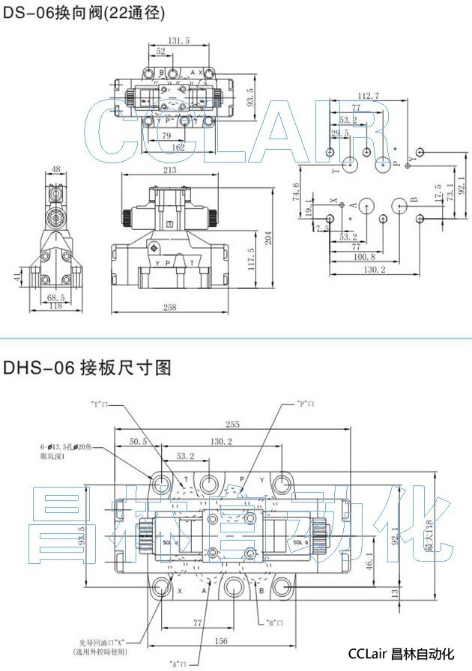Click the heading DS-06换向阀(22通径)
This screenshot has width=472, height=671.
[x=84, y=13]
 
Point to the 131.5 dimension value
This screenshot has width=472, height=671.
[x=178, y=41]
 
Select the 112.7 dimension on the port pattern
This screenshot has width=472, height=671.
[x=368, y=95]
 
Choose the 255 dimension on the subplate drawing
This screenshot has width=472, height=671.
[x=232, y=422]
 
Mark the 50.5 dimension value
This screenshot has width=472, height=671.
[x=139, y=443]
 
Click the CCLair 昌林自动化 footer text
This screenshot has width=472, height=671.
[x=401, y=655]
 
